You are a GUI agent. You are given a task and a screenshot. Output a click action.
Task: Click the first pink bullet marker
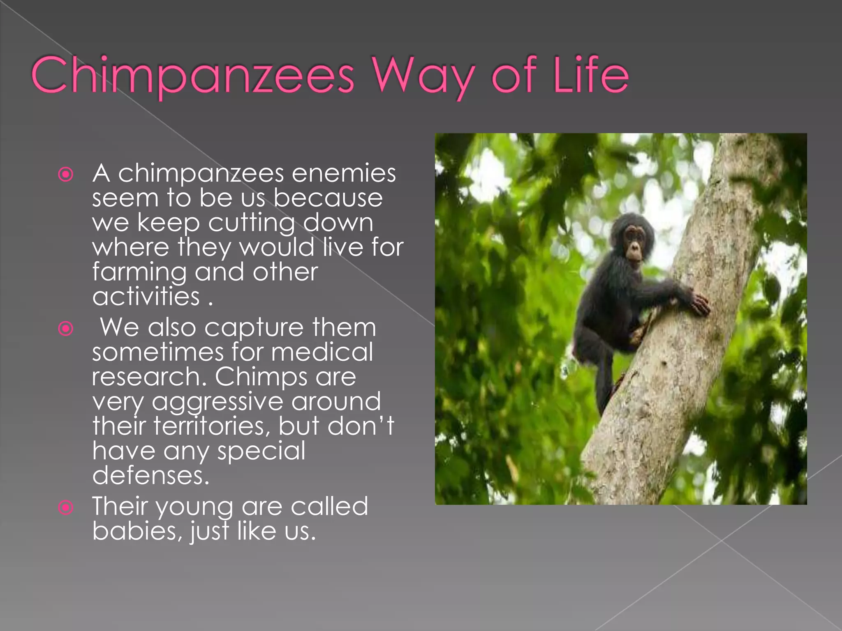66,175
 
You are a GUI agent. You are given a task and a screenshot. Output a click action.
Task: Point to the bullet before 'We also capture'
66,329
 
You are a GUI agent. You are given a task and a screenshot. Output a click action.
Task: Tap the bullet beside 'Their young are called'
66,508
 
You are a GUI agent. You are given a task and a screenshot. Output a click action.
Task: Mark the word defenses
150,476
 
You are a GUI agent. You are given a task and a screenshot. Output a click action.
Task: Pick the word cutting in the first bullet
251,223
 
